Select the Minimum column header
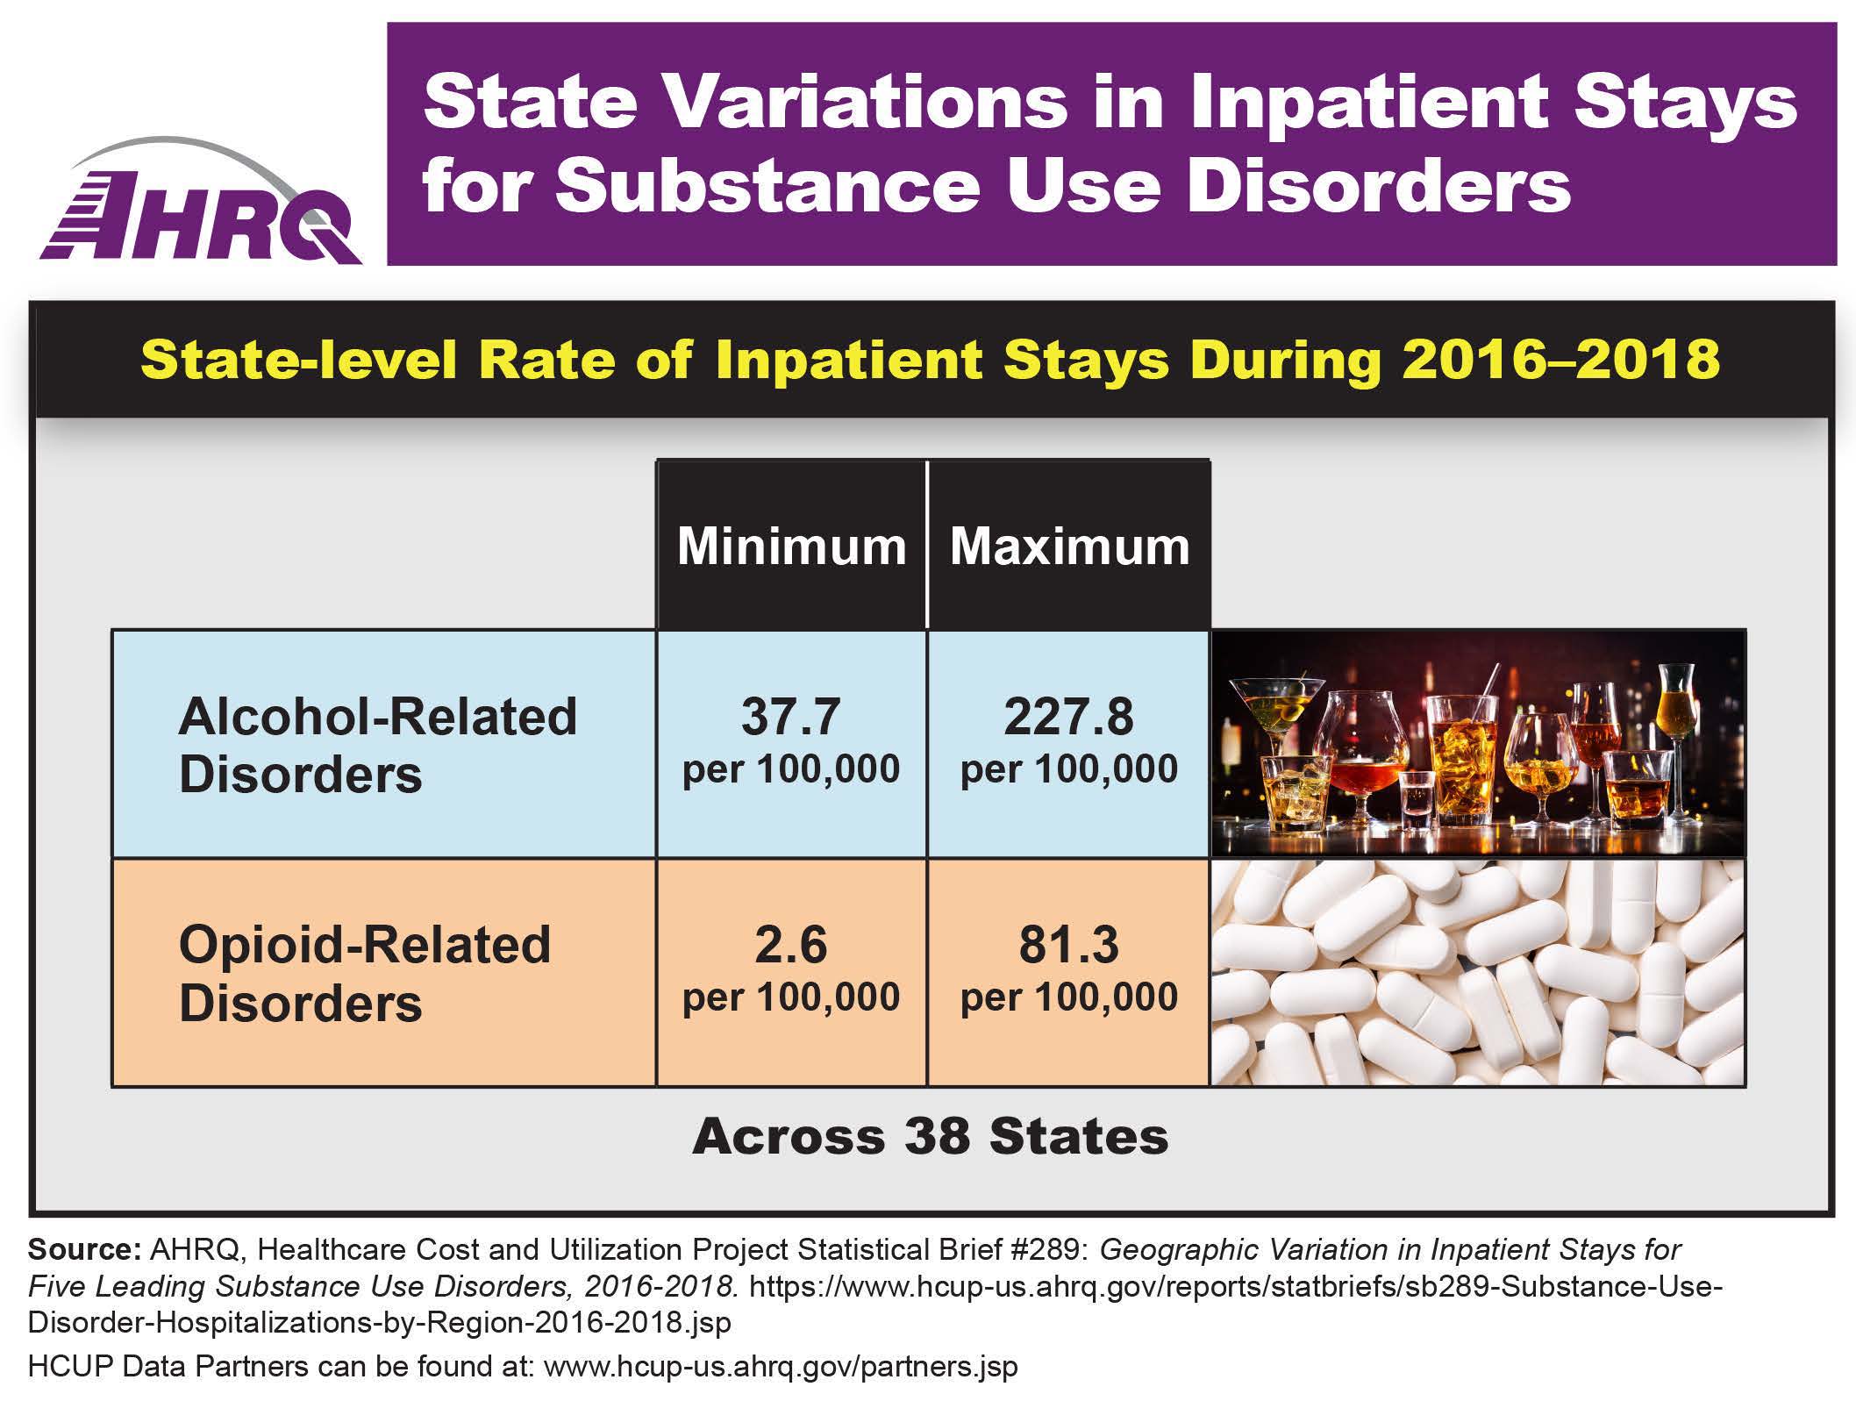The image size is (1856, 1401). [791, 547]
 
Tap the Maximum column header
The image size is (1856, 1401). [1069, 547]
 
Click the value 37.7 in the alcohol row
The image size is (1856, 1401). [791, 717]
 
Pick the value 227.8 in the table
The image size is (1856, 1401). [1069, 717]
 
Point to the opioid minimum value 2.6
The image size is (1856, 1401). [791, 945]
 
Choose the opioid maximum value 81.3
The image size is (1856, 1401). [1069, 945]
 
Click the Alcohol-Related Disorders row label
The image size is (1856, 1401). [377, 745]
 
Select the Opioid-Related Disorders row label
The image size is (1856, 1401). [365, 973]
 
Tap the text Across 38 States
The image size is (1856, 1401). [931, 1136]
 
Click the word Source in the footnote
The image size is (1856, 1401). [83, 1249]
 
